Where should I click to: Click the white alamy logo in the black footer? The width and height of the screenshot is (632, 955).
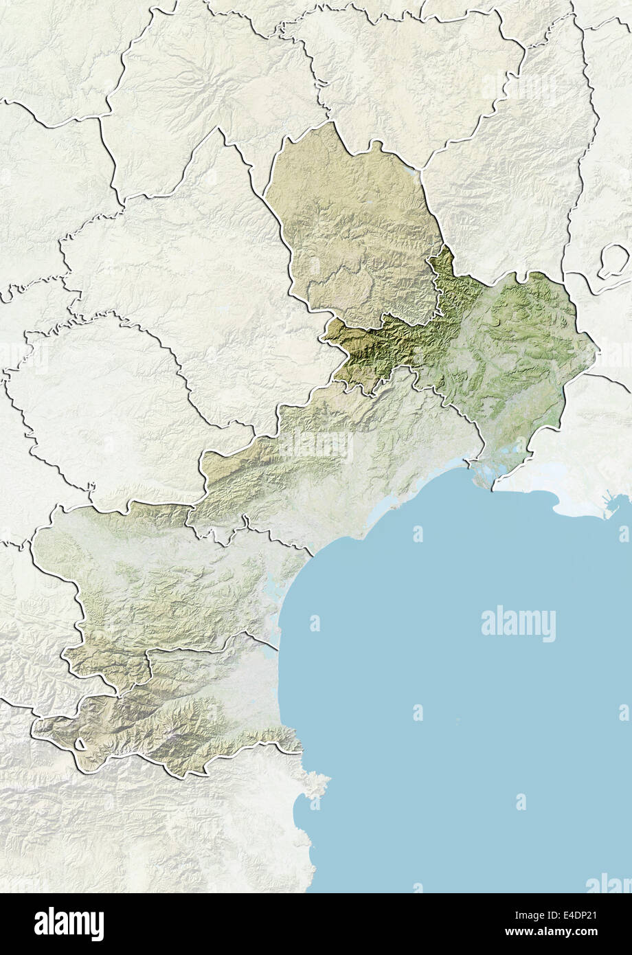[69, 923]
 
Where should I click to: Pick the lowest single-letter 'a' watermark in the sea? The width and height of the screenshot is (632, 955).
[521, 801]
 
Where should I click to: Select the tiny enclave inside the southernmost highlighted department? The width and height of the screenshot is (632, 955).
[80, 744]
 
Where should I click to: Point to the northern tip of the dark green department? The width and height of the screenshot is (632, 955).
[445, 249]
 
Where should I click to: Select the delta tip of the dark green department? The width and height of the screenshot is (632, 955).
[493, 486]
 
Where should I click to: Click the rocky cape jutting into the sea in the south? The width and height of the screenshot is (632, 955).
[317, 783]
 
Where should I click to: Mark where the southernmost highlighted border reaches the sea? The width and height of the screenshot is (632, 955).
[300, 750]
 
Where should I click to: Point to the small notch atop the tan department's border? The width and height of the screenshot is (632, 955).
[376, 144]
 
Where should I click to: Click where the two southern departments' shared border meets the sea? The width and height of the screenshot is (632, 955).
[278, 646]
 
